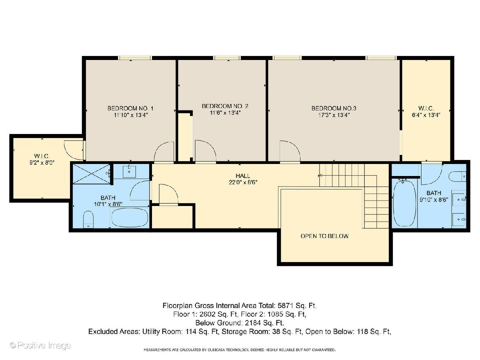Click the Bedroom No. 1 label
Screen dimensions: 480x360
130,108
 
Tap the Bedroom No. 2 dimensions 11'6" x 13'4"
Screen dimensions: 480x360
225,113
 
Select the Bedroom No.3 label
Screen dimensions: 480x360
334,108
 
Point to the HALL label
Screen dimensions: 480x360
243,176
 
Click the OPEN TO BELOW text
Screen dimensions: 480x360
324,236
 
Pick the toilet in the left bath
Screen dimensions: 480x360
88,219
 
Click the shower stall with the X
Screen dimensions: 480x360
92,174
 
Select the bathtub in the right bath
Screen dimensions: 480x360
404,203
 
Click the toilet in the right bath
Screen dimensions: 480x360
457,176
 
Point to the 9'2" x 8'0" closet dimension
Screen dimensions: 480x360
42,163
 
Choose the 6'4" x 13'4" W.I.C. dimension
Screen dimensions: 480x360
426,115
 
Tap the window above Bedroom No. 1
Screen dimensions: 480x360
135,58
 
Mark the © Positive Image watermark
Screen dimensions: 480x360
40,346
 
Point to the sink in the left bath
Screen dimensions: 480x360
129,171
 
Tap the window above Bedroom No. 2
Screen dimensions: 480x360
227,58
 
